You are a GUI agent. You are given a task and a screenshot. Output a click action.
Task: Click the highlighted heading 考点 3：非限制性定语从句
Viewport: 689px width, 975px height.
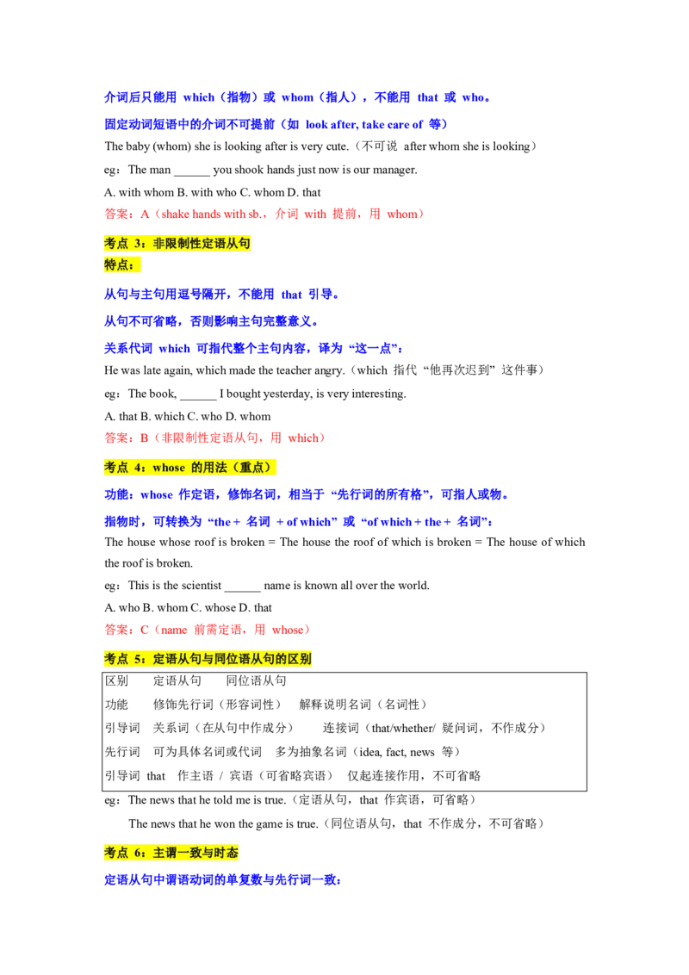tap(177, 243)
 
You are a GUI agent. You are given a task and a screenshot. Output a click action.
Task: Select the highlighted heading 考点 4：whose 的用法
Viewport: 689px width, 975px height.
tap(189, 467)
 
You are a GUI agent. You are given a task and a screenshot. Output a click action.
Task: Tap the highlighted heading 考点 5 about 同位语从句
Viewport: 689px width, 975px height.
tap(208, 659)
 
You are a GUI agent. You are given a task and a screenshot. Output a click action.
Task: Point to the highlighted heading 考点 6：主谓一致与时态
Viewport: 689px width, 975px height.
tap(171, 853)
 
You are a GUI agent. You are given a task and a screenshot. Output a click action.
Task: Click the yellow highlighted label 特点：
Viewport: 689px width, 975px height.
tap(122, 265)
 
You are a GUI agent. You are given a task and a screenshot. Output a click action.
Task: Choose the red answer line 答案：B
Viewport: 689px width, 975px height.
tap(215, 438)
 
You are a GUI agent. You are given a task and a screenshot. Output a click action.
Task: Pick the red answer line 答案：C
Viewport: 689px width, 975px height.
tap(208, 630)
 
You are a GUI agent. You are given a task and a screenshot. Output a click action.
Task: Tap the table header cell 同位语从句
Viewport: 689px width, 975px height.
tap(256, 680)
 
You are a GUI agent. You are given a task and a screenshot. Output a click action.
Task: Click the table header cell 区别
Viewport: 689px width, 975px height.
tap(116, 680)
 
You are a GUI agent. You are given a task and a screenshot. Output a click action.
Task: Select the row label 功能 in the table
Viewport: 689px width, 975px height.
tap(116, 704)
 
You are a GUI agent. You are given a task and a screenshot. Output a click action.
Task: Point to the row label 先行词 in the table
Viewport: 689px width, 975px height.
tap(122, 752)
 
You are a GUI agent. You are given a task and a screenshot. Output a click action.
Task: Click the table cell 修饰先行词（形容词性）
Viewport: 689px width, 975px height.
tap(217, 704)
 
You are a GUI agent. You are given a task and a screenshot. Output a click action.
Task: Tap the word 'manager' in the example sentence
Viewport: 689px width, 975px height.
tap(394, 170)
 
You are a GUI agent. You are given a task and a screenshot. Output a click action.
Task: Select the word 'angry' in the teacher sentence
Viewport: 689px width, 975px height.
tap(328, 370)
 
